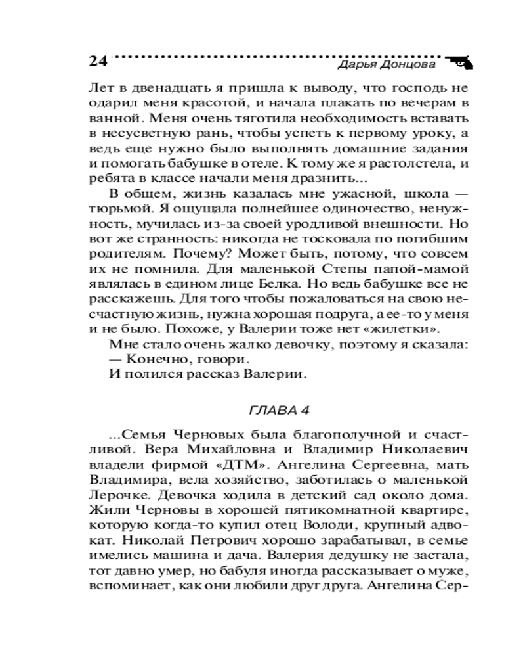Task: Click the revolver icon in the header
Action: [x=461, y=62]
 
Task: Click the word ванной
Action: [x=110, y=119]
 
